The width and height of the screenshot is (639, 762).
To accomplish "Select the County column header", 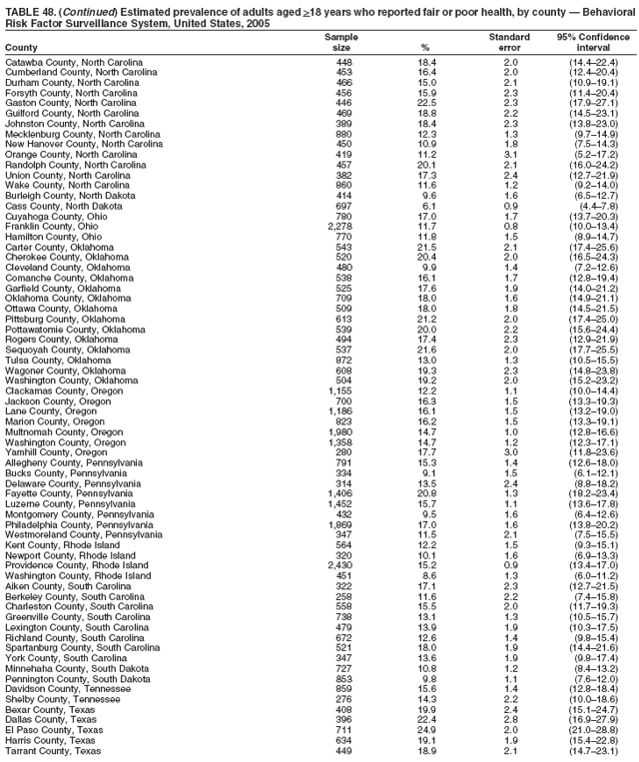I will point(19,48).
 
